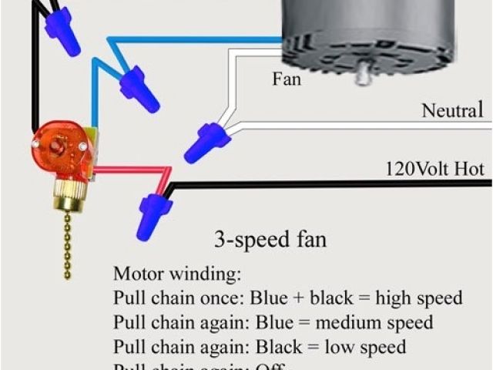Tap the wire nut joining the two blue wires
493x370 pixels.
click(x=139, y=88)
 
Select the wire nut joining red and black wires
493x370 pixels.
click(x=154, y=216)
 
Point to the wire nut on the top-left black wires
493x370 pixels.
click(x=63, y=33)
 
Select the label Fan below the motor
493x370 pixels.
click(x=286, y=79)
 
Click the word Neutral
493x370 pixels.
click(x=451, y=112)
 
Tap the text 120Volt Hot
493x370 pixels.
click(x=434, y=168)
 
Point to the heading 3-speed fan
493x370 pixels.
click(x=270, y=239)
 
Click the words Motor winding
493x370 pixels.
click(x=177, y=274)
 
